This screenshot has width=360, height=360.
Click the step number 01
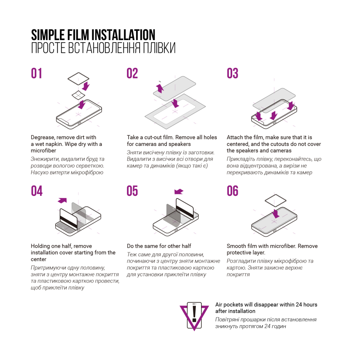click(37, 73)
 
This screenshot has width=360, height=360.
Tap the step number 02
click(132, 73)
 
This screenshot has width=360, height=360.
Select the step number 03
click(232, 73)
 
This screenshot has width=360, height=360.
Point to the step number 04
click(37, 191)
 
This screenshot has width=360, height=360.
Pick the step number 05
click(132, 191)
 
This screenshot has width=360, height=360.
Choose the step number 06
click(232, 191)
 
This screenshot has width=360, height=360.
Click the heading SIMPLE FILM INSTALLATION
click(93, 35)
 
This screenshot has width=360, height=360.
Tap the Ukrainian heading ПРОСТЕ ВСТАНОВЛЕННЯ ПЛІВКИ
click(103, 48)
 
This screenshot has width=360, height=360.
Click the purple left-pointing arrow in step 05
click(179, 192)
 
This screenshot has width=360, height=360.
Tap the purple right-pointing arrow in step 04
click(62, 200)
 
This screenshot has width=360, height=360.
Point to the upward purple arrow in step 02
click(160, 88)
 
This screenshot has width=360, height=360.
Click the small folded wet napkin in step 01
click(78, 95)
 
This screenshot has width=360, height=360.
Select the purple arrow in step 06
click(276, 213)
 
